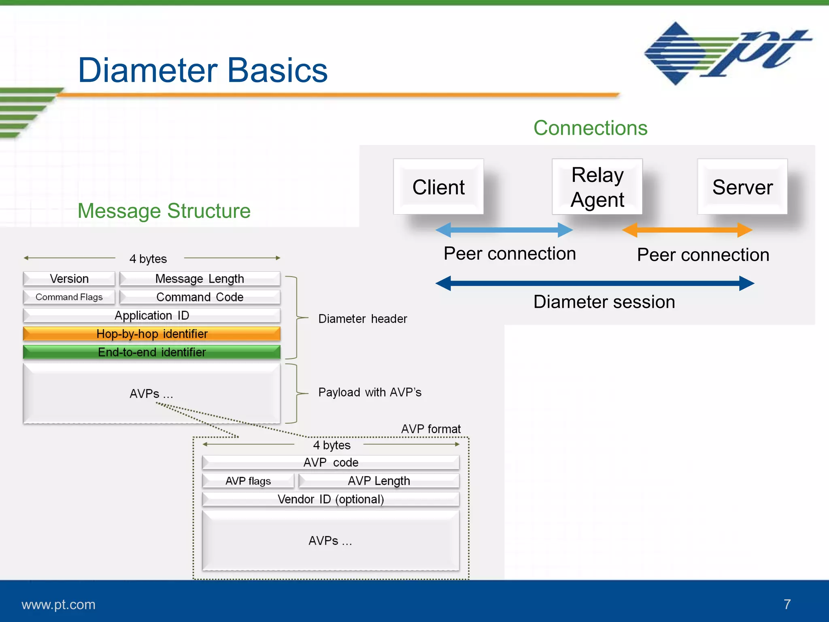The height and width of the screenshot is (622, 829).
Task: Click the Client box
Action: pyautogui.click(x=438, y=187)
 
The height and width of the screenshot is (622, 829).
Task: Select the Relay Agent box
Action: pyautogui.click(x=597, y=187)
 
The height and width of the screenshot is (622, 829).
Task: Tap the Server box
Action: pyautogui.click(x=742, y=187)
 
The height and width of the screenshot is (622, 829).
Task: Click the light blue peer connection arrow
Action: pyautogui.click(x=504, y=230)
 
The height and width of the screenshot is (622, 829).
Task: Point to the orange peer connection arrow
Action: pyautogui.click(x=687, y=230)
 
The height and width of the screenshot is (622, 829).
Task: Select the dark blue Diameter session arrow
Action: pyautogui.click(x=595, y=283)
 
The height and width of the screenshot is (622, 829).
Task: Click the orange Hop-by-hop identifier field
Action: pyautogui.click(x=152, y=334)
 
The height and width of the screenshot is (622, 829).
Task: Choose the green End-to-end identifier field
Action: pyautogui.click(x=152, y=352)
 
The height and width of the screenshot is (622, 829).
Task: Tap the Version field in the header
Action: pyautogui.click(x=69, y=279)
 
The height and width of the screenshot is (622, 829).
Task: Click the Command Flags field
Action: pyautogui.click(x=69, y=297)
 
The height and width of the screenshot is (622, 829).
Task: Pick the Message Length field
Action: pyautogui.click(x=200, y=279)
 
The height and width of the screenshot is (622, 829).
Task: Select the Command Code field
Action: pyautogui.click(x=200, y=297)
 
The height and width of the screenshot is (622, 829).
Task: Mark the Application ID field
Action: pyautogui.click(x=152, y=315)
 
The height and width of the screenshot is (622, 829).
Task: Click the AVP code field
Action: pyautogui.click(x=331, y=462)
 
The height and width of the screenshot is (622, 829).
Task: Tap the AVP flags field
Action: pyautogui.click(x=248, y=481)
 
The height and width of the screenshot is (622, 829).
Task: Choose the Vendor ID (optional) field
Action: pyautogui.click(x=331, y=499)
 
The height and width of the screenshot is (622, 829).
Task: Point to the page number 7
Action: pyautogui.click(x=787, y=604)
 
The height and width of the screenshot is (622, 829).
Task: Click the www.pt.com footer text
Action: pyautogui.click(x=58, y=604)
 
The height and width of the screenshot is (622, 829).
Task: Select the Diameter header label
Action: pyautogui.click(x=362, y=319)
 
